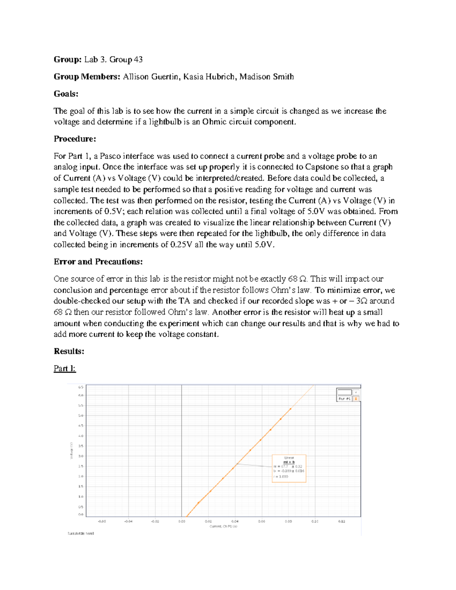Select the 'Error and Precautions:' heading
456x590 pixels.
[98, 262]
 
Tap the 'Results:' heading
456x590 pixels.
[69, 351]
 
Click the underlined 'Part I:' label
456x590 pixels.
[65, 369]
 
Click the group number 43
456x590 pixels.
[138, 59]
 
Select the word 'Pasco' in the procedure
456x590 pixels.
[111, 156]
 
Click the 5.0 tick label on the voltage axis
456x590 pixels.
[81, 415]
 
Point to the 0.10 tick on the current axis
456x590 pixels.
[315, 521]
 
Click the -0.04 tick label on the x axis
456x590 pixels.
[128, 521]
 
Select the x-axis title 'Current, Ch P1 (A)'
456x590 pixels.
[223, 527]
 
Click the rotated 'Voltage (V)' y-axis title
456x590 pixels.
[71, 450]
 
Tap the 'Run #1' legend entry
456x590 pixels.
[344, 399]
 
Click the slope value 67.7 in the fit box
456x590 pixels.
[284, 467]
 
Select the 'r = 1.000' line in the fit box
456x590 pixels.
[281, 476]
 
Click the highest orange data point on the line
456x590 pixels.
[290, 409]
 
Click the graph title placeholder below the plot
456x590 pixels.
[81, 533]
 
